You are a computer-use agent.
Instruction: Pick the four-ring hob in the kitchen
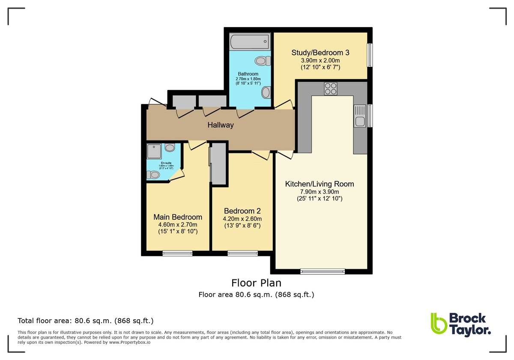[330, 88]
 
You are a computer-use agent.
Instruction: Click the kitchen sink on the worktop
[359, 116]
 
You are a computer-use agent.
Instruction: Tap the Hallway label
[221, 125]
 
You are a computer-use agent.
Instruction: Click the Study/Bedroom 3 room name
[320, 53]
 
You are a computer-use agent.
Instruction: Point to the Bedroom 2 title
[242, 211]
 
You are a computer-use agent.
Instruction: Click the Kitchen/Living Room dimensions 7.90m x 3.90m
[320, 192]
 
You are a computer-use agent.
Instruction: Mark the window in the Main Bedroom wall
[177, 253]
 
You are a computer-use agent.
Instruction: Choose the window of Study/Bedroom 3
[370, 55]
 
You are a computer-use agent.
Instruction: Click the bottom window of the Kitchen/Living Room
[323, 271]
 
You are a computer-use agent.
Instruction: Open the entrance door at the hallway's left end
[156, 103]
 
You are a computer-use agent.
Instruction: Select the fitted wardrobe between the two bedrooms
[218, 164]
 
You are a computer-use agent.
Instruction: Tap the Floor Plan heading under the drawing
[256, 283]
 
